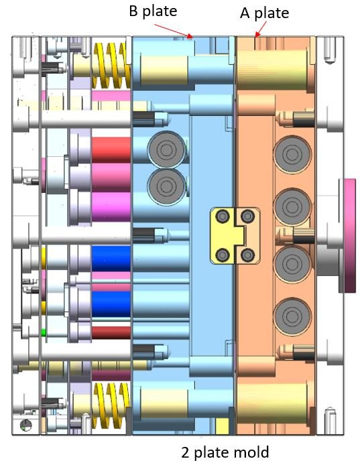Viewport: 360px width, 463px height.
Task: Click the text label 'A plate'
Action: (264, 13)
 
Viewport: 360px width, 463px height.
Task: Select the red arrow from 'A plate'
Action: (260, 28)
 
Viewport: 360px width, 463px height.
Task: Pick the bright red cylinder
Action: (111, 151)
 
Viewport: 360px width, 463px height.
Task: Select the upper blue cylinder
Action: (111, 259)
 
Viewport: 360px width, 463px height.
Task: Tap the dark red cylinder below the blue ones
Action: (111, 331)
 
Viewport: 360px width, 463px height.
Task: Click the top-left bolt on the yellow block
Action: (222, 216)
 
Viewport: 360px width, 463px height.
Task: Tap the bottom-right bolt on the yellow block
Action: (248, 255)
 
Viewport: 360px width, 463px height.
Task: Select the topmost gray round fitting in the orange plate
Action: (292, 153)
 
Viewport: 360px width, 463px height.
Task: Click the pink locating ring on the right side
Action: (349, 235)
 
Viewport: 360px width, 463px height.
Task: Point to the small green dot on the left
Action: (44, 332)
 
